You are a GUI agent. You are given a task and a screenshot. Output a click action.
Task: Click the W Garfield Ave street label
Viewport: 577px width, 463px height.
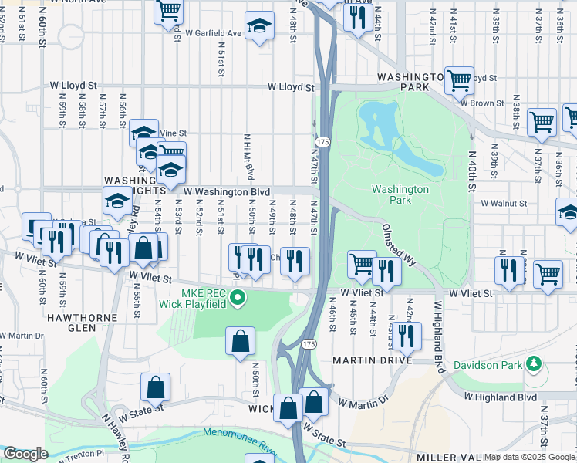click(x=214, y=34)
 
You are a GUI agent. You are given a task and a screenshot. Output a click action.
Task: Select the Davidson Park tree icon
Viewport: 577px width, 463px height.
click(x=532, y=362)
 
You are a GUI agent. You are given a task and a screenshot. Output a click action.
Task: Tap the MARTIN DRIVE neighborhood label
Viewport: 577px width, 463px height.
click(x=369, y=360)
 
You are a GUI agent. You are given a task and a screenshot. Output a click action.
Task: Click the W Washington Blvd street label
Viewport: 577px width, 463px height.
click(x=226, y=191)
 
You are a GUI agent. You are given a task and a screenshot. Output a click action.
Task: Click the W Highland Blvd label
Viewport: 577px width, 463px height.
click(x=500, y=397)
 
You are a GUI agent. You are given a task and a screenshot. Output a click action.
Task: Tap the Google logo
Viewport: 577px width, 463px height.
click(x=25, y=454)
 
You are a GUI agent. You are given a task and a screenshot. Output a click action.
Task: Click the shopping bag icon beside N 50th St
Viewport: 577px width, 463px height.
click(x=240, y=340)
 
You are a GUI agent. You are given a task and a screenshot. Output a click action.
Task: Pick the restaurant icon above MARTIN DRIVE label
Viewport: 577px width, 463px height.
click(x=406, y=335)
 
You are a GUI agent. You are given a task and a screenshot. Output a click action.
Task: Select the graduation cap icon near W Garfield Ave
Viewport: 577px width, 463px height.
click(x=260, y=25)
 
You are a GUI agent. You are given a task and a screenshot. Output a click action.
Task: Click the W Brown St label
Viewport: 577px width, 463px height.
click(x=481, y=102)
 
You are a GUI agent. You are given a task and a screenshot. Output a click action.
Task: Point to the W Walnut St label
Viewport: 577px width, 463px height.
click(x=503, y=204)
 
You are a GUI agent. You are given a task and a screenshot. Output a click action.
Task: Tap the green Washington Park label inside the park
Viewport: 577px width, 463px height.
click(x=400, y=194)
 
